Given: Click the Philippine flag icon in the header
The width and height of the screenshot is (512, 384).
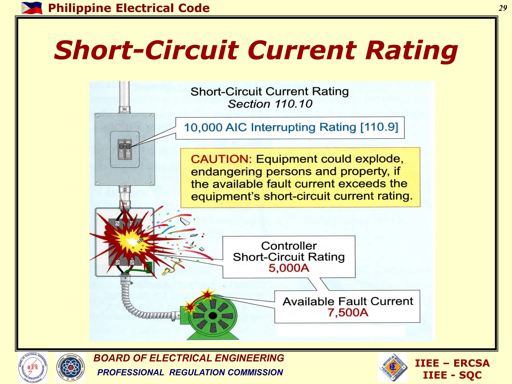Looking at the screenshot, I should click(32, 8).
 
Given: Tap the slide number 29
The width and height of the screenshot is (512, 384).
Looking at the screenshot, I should click(502, 8).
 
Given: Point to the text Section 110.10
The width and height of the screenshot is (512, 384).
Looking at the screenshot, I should click(270, 104).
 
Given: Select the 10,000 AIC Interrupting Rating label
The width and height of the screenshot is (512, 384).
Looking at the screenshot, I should click(291, 127).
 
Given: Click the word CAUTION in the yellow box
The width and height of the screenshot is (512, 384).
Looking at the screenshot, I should click(221, 159).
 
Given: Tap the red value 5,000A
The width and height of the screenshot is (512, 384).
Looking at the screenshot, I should click(289, 268).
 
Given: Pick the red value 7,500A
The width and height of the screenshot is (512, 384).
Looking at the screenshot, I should click(348, 312).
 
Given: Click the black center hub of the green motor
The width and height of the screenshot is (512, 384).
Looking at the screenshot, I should click(212, 316).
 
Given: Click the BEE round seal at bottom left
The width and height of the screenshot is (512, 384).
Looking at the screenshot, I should click(33, 367).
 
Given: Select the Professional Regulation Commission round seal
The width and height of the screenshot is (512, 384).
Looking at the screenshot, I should click(70, 367).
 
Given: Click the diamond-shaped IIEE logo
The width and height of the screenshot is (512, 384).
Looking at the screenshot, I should click(393, 367).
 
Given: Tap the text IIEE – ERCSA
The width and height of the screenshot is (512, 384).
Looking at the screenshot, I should click(452, 363).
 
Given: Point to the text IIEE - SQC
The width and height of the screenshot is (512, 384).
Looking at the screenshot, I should click(452, 375).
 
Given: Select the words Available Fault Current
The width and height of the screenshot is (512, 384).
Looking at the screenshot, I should click(348, 301).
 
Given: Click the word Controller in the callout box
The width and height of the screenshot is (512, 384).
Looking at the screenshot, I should click(289, 246).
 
